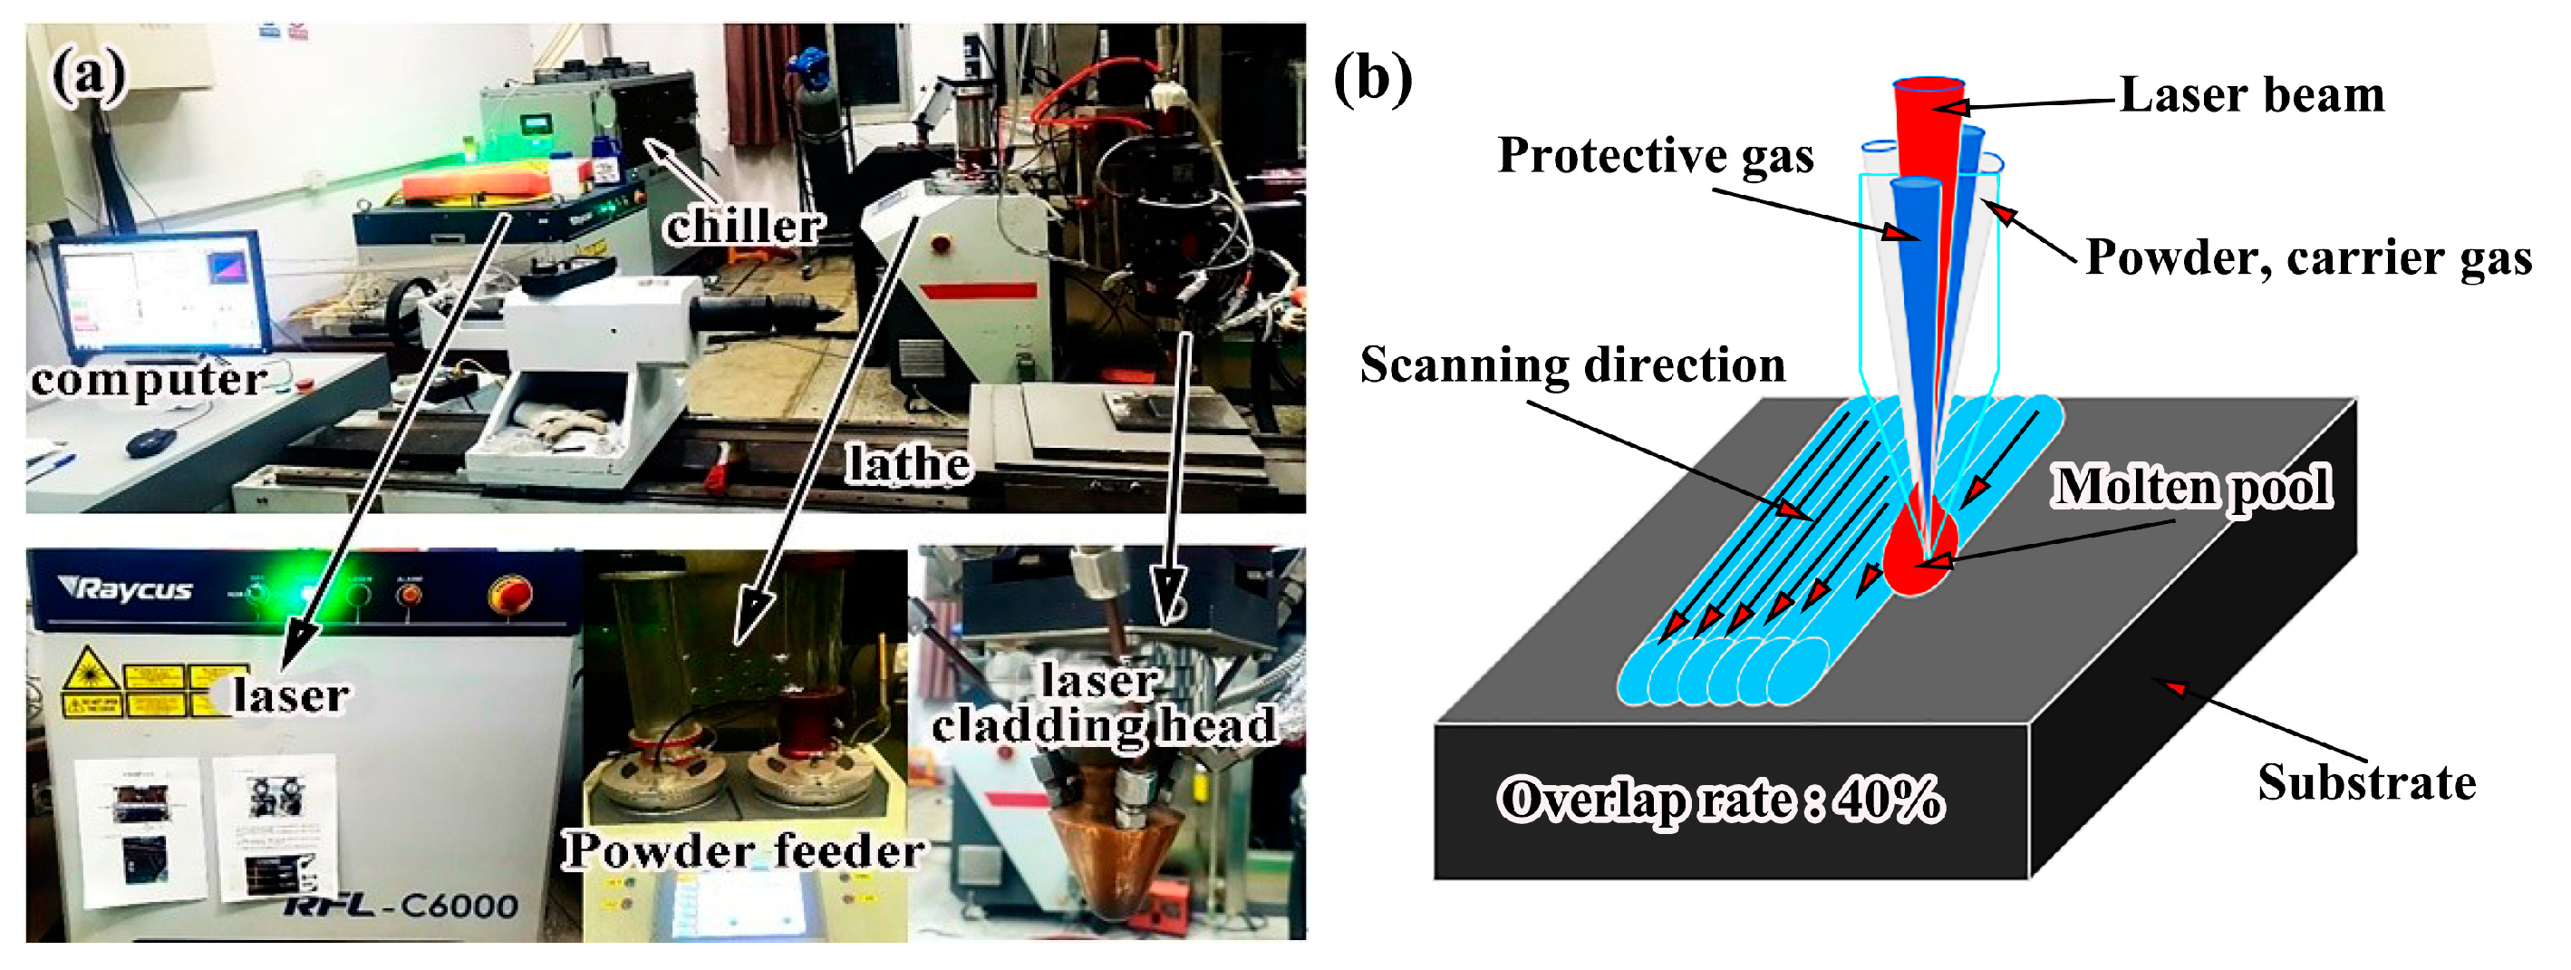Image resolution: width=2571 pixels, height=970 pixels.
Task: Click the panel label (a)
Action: click(x=90, y=76)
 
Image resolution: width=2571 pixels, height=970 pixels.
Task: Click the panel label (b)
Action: click(x=1372, y=79)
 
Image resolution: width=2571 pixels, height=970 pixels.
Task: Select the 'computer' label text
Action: click(x=148, y=379)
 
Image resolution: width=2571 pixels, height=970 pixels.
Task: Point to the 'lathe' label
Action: click(x=907, y=463)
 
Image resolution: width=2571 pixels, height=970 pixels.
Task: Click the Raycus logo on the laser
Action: click(x=127, y=588)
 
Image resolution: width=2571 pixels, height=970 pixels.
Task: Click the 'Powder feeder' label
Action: click(x=742, y=850)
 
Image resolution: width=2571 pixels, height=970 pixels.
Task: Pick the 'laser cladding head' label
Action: click(x=1103, y=704)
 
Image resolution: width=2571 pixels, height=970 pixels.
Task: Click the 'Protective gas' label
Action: click(x=1655, y=156)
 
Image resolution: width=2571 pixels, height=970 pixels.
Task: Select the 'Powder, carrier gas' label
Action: click(x=2307, y=258)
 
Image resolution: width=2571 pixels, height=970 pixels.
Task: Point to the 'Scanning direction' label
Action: click(x=1572, y=365)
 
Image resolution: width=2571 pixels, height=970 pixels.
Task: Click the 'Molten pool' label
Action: click(x=2191, y=487)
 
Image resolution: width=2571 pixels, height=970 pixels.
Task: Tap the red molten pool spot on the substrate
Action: click(x=1919, y=554)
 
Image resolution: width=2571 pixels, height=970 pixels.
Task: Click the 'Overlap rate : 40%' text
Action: click(x=1721, y=800)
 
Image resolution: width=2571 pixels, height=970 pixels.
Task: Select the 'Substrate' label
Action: click(x=2366, y=782)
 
